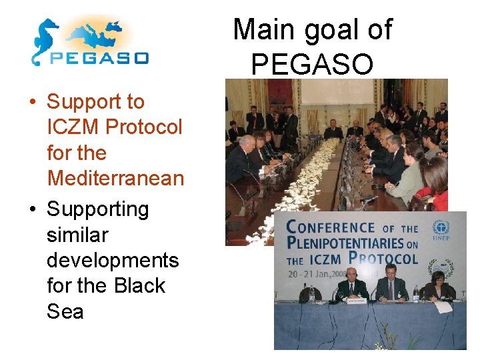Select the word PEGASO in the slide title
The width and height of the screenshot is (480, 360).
(312, 64)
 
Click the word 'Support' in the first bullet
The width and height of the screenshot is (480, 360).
(95, 102)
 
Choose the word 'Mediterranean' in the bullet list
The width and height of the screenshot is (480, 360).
(115, 178)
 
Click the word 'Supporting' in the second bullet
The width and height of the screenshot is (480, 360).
(97, 209)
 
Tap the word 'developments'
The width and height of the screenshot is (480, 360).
(113, 260)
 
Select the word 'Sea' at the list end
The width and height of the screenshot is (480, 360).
(65, 311)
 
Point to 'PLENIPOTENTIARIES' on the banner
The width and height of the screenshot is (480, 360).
(345, 243)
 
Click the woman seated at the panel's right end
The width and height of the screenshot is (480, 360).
(439, 287)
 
